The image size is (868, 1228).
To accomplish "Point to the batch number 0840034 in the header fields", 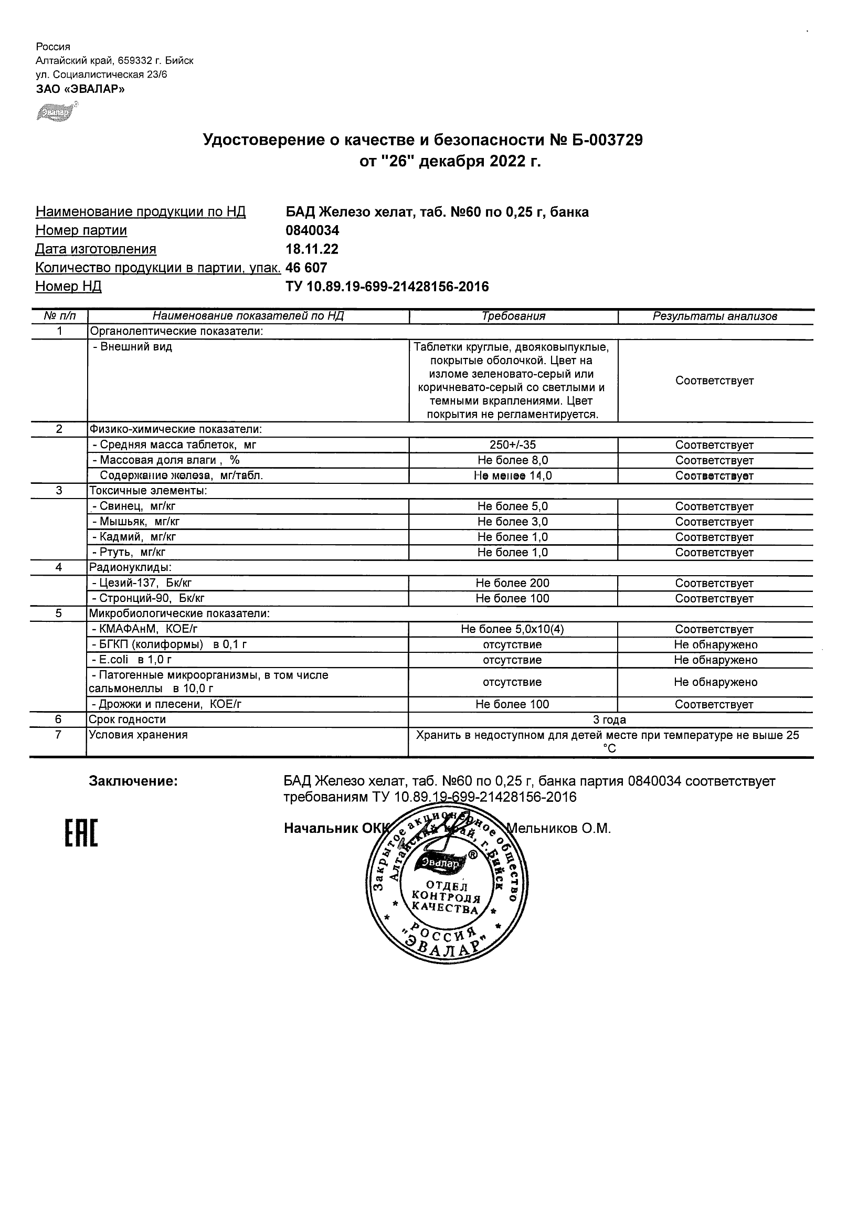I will click(312, 230).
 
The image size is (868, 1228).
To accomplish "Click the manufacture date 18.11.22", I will click(312, 249).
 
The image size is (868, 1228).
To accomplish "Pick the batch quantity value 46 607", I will click(306, 268).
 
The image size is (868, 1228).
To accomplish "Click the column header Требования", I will click(513, 316).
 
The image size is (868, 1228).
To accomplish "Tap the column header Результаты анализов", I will click(715, 316).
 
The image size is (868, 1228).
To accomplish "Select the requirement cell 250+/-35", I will click(512, 445).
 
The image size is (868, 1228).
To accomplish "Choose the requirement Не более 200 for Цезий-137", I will click(512, 584).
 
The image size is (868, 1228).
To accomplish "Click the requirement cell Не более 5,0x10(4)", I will click(512, 630).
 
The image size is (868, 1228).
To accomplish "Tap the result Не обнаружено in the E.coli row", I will click(715, 660).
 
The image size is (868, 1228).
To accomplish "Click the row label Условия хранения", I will click(138, 735).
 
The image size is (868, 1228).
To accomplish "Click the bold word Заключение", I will click(133, 781).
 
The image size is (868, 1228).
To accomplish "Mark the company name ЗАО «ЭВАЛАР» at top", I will click(80, 89).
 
